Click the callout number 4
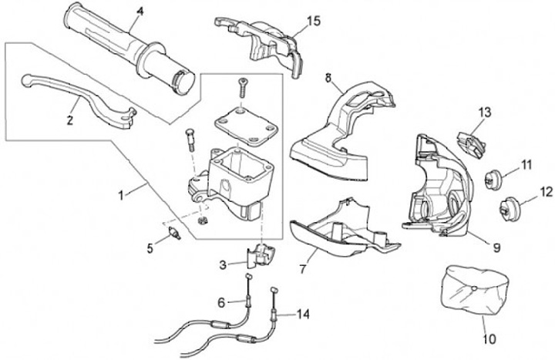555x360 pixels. tap(140, 12)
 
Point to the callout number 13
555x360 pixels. tap(483, 113)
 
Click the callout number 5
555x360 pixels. tap(150, 247)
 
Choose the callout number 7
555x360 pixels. tap(301, 271)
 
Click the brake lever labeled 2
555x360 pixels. tap(77, 93)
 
